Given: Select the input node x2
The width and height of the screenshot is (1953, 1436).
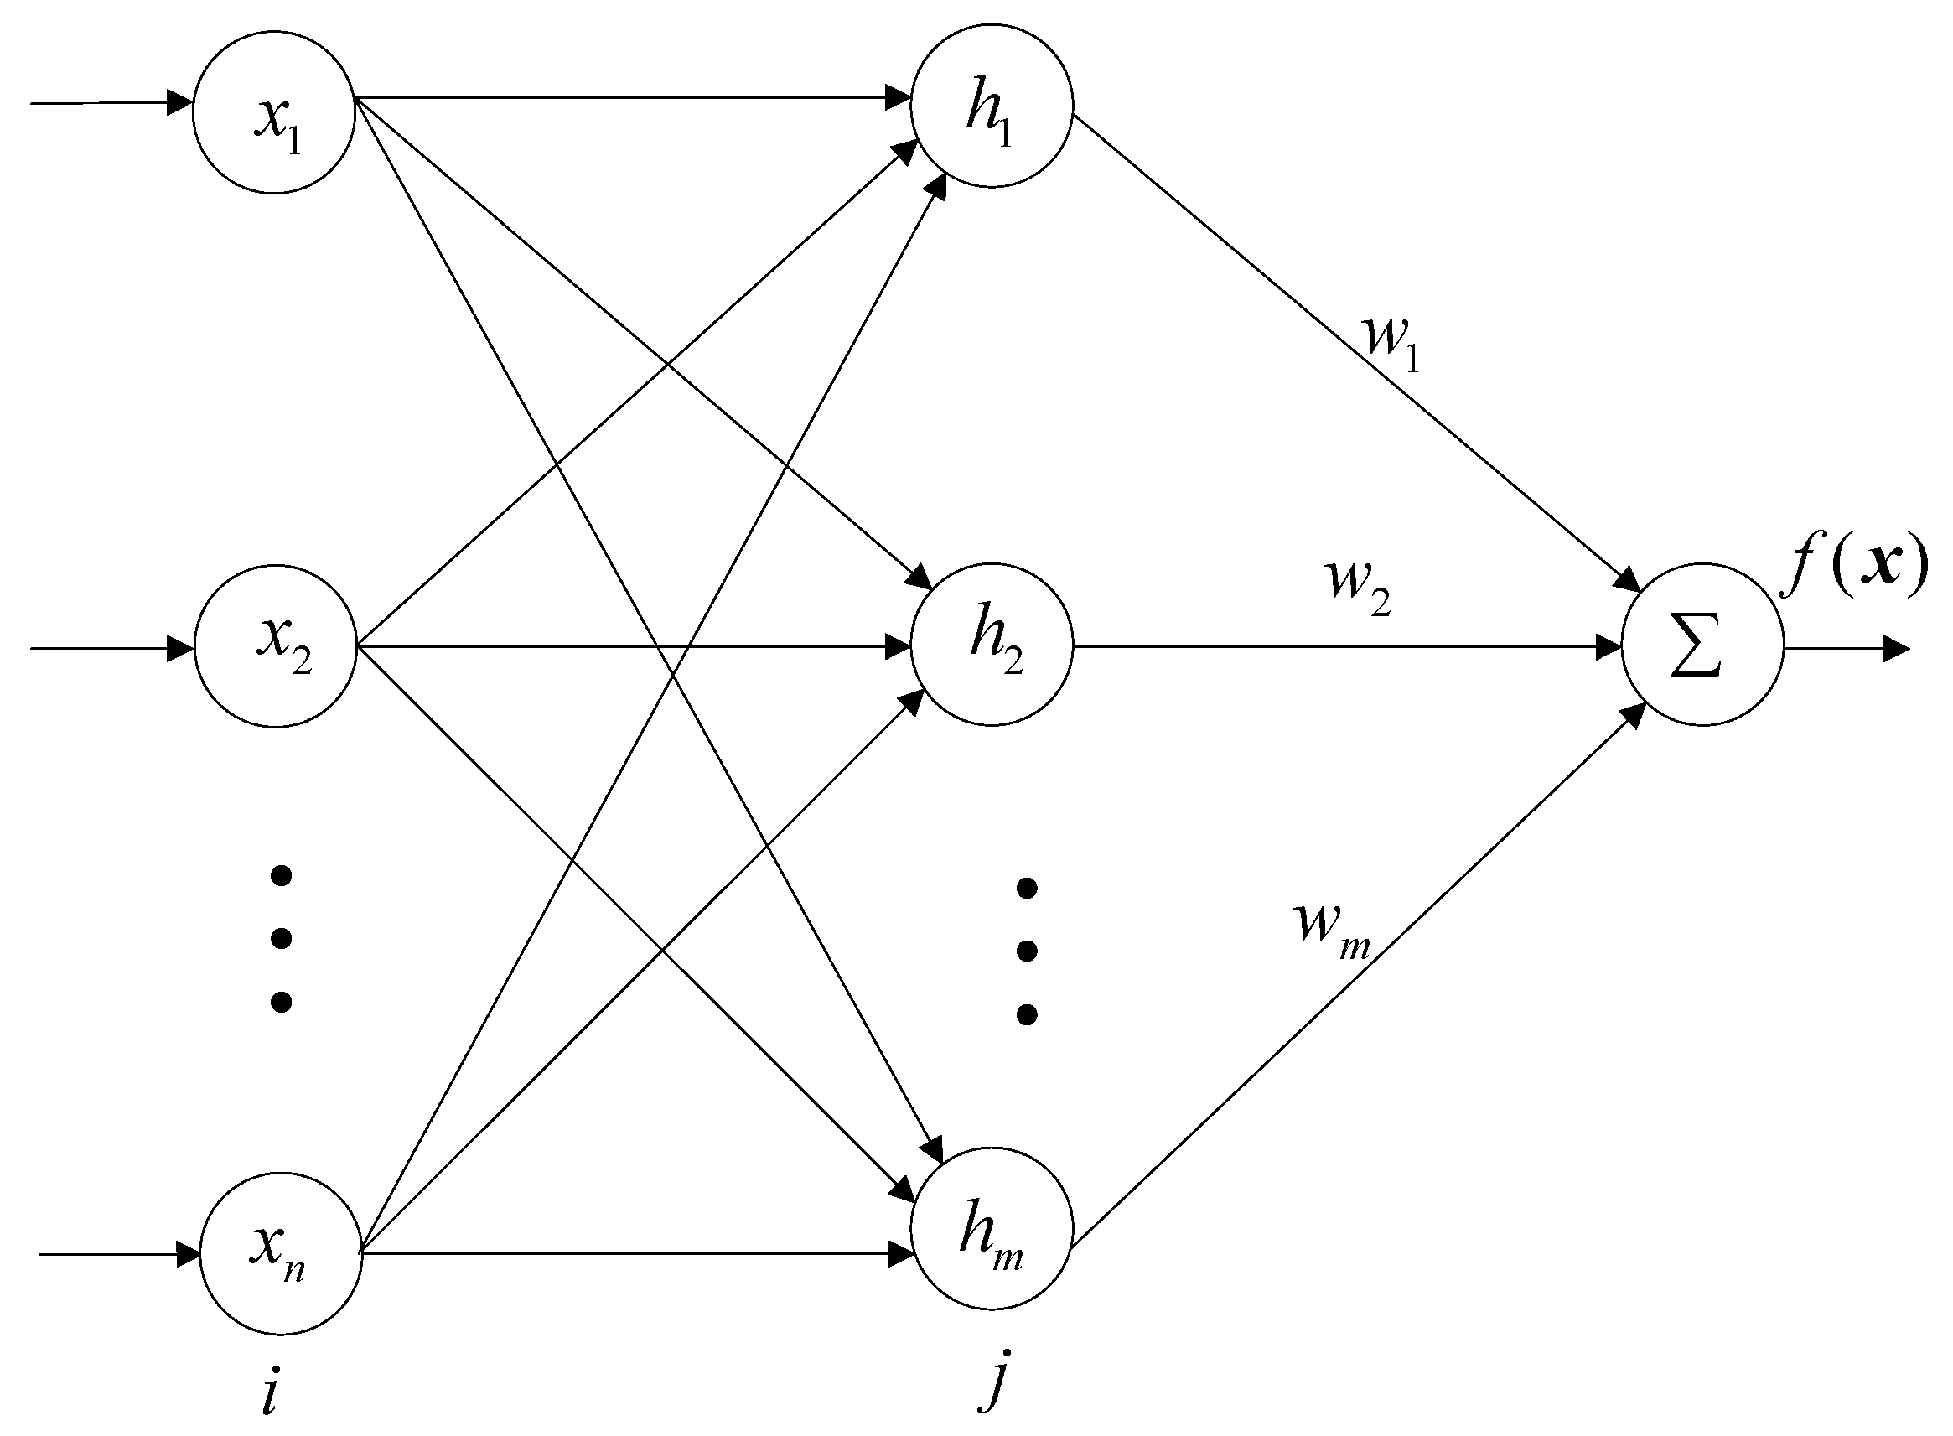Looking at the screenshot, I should point(276,645).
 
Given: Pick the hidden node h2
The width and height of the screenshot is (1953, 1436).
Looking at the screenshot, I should point(992,644).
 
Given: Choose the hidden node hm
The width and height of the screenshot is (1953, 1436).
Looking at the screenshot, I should point(992,1227).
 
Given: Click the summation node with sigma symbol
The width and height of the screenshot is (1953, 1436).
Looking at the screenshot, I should point(1702,644).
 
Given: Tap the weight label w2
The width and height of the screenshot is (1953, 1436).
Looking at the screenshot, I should point(1359,587).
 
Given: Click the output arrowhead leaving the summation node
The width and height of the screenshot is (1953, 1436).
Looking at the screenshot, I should point(1897,649).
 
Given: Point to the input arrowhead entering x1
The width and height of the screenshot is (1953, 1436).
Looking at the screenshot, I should point(180,102).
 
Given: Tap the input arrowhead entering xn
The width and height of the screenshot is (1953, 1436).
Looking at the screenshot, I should point(188,1254).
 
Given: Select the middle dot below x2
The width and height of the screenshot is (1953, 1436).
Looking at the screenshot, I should point(281,938).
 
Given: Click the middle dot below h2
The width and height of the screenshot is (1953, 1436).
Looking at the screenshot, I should point(1027,951).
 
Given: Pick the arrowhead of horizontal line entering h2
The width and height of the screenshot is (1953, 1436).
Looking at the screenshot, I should point(899,646).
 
